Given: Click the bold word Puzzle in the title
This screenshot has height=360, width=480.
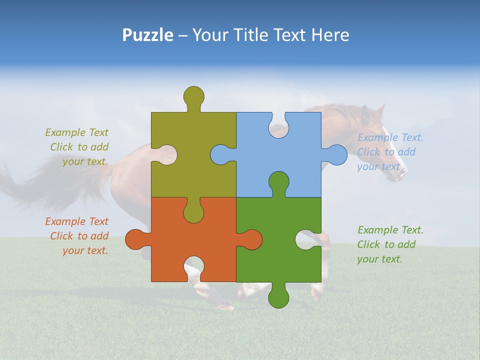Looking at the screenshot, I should click(x=147, y=35).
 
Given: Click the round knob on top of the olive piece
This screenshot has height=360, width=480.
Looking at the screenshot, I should click(x=194, y=96).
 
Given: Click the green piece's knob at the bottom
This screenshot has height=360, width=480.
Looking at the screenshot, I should click(x=278, y=297).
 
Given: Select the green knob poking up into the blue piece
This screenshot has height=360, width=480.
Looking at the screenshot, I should click(x=278, y=182).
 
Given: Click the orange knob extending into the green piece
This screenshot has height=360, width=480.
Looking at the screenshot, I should click(x=251, y=239).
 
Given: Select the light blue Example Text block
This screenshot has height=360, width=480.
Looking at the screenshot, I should click(x=389, y=152).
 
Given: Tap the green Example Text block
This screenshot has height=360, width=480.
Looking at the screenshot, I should click(x=389, y=244).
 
